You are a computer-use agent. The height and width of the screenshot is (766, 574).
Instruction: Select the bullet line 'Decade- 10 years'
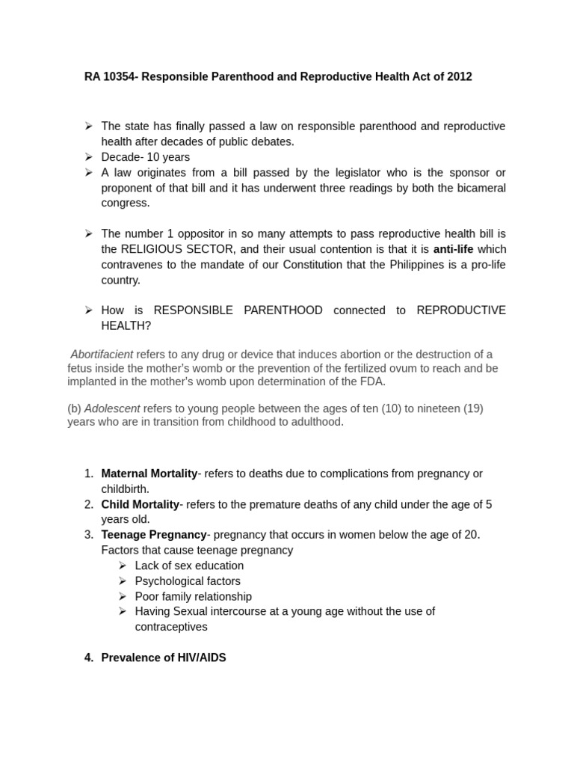point(146,157)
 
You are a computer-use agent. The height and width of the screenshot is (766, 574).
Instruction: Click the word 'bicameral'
point(479,188)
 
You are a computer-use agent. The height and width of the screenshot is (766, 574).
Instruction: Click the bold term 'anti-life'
point(454,249)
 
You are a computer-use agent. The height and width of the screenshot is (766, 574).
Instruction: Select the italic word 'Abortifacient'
point(102,355)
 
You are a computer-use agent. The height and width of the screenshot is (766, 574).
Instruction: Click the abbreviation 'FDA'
point(374,382)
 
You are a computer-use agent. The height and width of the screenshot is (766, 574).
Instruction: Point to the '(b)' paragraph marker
point(74,408)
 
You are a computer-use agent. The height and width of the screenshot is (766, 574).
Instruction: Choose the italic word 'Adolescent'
point(112,408)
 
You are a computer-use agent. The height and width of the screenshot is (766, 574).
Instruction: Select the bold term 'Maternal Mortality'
point(149,474)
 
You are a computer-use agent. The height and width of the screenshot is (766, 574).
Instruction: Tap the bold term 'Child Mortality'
point(140,504)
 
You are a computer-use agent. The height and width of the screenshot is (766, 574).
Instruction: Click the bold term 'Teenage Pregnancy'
point(153,535)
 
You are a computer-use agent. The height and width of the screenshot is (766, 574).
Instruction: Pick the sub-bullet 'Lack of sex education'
point(189,566)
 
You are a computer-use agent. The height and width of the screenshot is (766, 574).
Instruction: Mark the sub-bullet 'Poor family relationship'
point(193,596)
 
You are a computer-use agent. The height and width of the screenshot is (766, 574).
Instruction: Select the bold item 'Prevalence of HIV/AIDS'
point(163,658)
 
